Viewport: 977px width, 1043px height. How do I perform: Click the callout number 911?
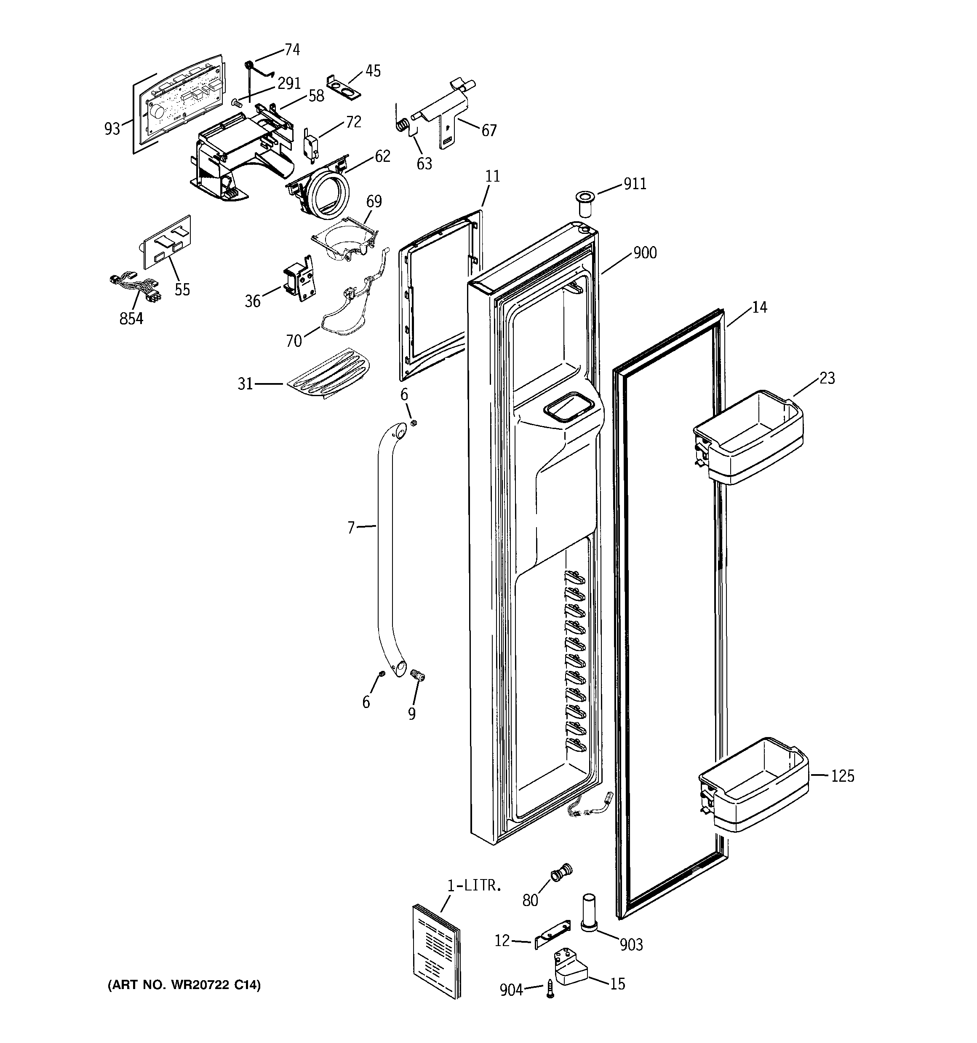coord(635,184)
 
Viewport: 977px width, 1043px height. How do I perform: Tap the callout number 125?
coord(843,775)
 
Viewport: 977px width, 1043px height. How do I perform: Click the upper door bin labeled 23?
coord(748,437)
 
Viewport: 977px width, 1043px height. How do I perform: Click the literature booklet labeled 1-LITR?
coord(436,951)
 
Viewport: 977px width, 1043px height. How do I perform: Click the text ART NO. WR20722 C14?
coord(184,985)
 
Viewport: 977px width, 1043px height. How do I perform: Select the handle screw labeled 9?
coord(418,675)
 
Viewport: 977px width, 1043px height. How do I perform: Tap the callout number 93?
coord(112,129)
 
